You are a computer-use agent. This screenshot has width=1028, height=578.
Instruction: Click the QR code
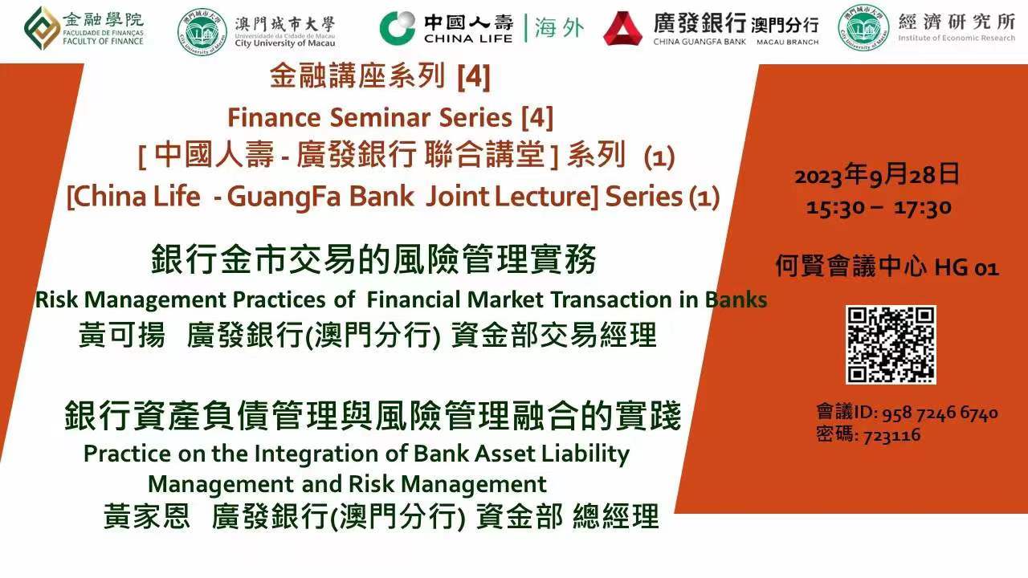click(891, 345)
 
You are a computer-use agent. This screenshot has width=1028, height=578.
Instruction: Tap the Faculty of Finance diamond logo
click(42, 28)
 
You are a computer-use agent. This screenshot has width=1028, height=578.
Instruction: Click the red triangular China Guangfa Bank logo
click(622, 28)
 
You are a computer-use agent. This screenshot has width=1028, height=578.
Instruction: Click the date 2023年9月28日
click(877, 174)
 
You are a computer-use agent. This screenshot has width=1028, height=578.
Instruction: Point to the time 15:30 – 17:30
click(879, 208)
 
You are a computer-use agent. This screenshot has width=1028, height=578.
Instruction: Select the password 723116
click(891, 435)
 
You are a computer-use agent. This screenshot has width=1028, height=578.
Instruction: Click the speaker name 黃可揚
click(121, 335)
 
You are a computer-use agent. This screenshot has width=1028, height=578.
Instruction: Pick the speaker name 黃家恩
click(147, 515)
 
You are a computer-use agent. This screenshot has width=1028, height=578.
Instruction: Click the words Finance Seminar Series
click(370, 117)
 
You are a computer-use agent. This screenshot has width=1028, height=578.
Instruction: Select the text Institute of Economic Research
click(957, 38)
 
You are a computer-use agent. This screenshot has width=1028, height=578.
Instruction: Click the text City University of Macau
click(285, 43)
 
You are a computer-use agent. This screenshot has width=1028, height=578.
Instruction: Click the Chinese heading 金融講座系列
click(357, 75)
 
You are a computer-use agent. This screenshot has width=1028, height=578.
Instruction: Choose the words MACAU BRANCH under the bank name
click(788, 43)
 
